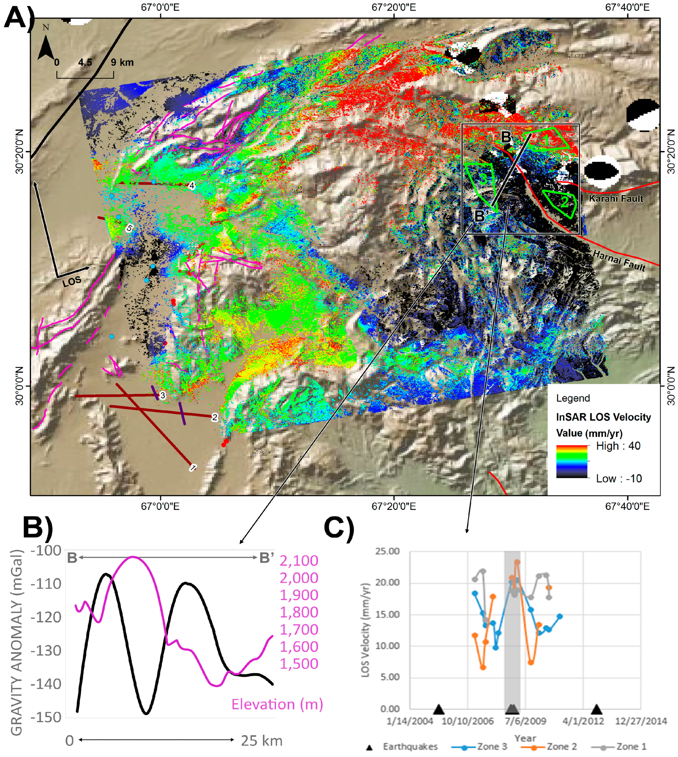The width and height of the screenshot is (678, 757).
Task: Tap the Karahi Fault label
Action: (616, 198)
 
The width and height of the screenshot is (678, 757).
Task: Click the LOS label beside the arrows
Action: (72, 281)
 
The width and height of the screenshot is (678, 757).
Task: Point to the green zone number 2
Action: (565, 202)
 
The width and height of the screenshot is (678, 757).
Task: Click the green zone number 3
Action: (482, 179)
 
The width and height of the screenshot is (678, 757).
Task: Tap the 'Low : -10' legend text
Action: (619, 478)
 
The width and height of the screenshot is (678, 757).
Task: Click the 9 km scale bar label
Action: (122, 62)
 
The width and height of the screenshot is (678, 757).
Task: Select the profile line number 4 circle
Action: (191, 185)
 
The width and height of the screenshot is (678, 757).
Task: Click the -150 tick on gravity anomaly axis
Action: (46, 717)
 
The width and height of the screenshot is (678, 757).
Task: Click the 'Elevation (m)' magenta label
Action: (277, 704)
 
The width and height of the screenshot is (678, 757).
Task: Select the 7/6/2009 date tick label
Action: (525, 721)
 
